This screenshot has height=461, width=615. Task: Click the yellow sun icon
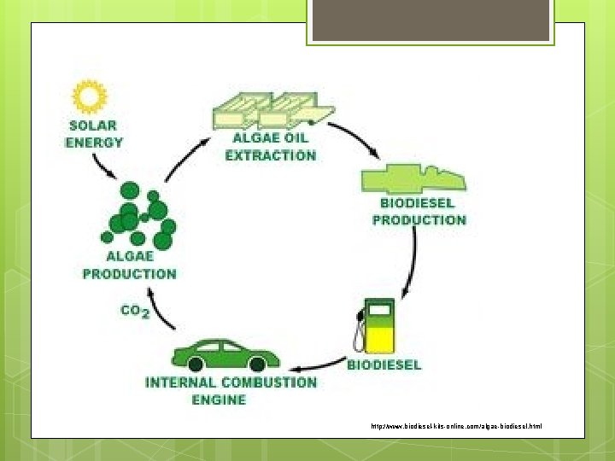pos(89,96)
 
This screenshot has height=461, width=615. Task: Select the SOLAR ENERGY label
pos(95,134)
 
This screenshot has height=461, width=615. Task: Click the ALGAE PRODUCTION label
pos(129,265)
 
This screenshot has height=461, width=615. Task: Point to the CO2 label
pos(134,312)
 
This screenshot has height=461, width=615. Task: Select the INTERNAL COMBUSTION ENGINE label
pos(231,391)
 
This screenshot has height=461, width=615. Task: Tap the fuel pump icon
pos(376,325)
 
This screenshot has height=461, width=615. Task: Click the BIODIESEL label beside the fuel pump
pos(384,365)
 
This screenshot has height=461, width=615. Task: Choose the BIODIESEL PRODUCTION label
pos(419,212)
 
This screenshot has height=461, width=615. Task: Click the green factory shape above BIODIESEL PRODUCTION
pos(413,178)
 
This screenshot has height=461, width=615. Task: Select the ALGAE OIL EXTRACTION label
pos(270,148)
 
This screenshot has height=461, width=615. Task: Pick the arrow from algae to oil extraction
pos(184,159)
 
